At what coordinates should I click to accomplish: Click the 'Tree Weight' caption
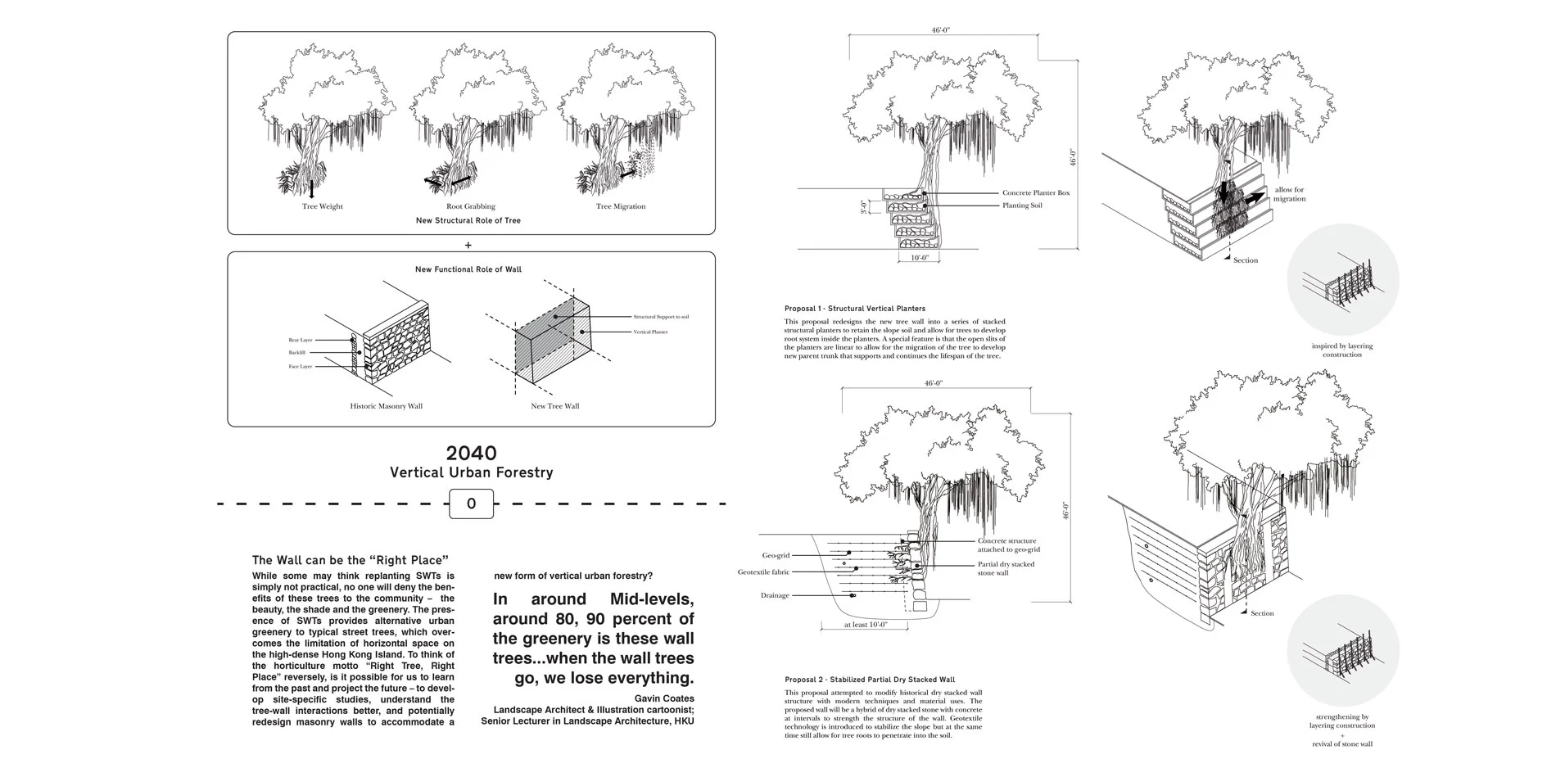coord(322,206)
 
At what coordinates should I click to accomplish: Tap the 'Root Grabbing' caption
coord(470,206)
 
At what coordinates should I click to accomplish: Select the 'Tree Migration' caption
coord(620,206)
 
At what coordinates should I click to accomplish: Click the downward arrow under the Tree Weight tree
coord(311,189)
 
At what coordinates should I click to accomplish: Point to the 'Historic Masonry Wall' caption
coord(386,406)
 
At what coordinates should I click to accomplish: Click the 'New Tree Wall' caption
coord(554,406)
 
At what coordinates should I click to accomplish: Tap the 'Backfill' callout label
coord(296,353)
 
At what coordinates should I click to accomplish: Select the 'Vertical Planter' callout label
coord(650,332)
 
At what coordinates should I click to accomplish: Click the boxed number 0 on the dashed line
coord(471,504)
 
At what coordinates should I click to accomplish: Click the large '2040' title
coord(471,453)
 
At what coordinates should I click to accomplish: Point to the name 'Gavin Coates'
coord(664,698)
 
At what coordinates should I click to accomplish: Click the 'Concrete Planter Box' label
coord(1035,193)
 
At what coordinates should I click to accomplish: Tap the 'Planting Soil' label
coord(1022,206)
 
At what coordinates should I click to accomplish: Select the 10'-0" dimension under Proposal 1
coord(919,258)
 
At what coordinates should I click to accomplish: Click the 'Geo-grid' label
coord(776,555)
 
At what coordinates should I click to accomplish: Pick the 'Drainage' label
coord(775,595)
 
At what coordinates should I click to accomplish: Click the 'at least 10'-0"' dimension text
coord(865,625)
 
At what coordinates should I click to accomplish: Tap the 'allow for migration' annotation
coord(1289,194)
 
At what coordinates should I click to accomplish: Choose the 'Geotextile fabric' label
coord(763,572)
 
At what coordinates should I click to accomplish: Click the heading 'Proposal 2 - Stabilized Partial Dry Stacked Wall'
coord(869,680)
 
